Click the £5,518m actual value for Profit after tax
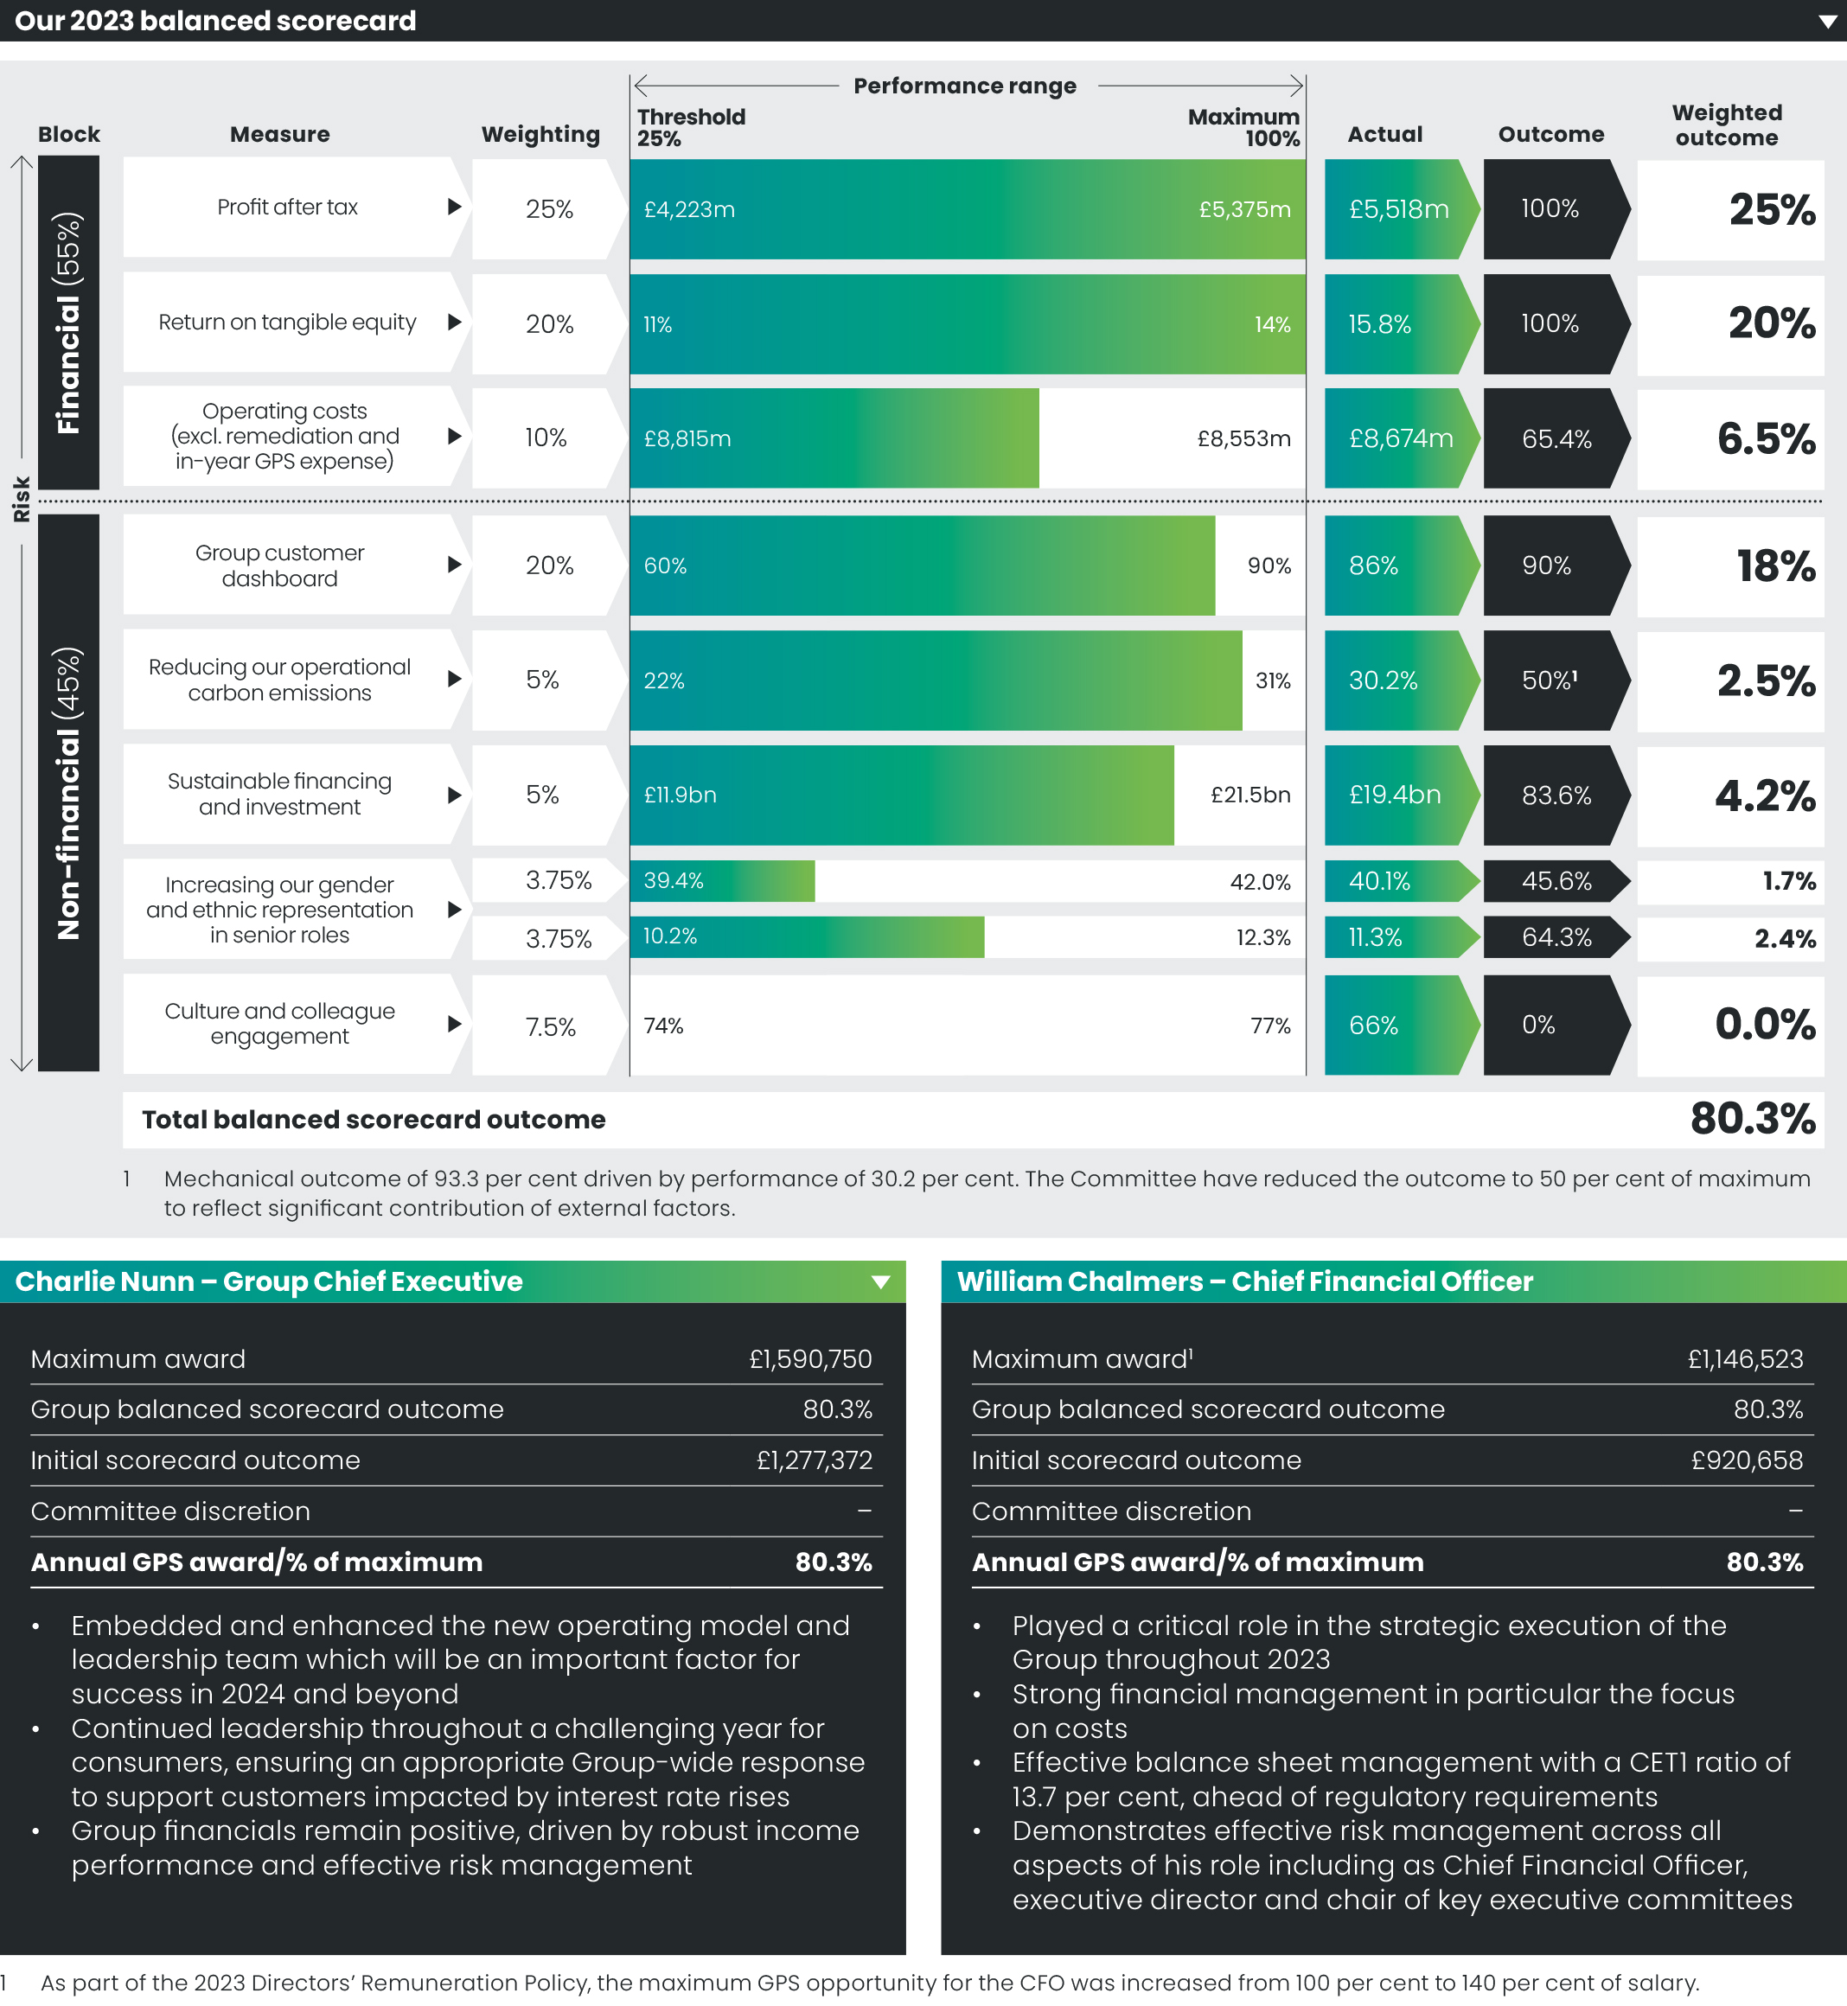tap(1397, 209)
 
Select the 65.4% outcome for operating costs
tap(1555, 438)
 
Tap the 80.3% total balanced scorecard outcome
tap(1751, 1119)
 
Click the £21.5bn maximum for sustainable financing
tap(1249, 795)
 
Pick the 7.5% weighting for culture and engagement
tap(550, 1026)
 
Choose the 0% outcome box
tap(1539, 1025)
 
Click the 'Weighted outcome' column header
tap(1726, 125)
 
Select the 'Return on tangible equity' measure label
tap(287, 322)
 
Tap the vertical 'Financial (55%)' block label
tap(68, 322)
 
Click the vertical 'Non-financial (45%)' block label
tap(68, 793)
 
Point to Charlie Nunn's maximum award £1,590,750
tap(809, 1358)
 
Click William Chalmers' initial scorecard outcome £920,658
tap(1746, 1460)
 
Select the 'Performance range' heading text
tap(964, 86)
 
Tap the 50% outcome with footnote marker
tap(1548, 680)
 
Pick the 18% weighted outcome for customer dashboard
tap(1775, 565)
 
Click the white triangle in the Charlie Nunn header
tap(880, 1282)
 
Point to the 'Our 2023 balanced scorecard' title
tap(215, 20)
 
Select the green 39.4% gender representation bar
tap(722, 880)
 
